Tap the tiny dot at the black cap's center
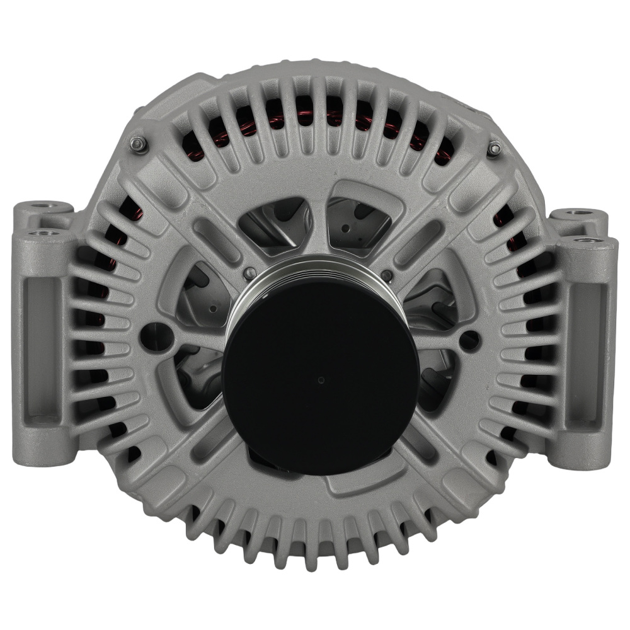321,380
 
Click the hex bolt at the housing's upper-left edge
137,144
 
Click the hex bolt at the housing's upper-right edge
495,149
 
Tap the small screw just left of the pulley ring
250,273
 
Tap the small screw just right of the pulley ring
387,275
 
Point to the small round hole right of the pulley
469,340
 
